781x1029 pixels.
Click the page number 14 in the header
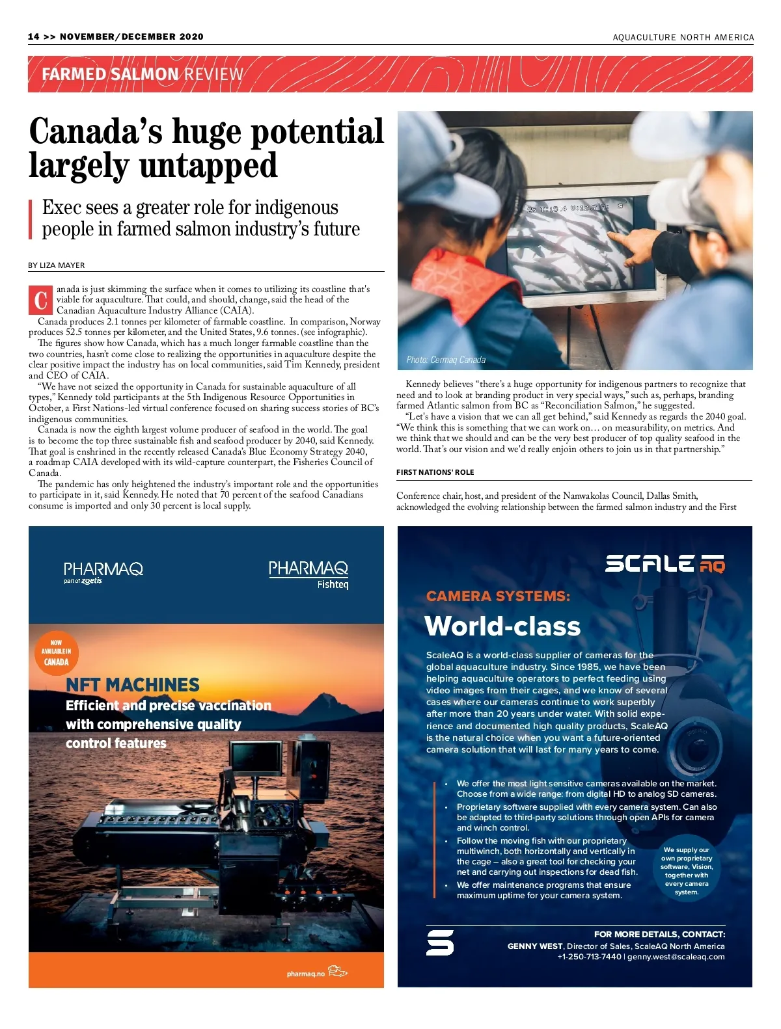point(34,37)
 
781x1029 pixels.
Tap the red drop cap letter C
point(41,300)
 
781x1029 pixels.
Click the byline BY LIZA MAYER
point(57,265)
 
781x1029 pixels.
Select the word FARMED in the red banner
point(74,74)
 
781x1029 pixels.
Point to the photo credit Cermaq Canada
point(446,360)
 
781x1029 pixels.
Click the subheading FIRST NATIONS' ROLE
point(435,472)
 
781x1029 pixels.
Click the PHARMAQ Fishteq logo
point(308,574)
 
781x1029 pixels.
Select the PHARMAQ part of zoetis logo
point(103,572)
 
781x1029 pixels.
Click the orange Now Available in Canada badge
point(56,652)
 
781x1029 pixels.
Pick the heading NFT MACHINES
point(133,685)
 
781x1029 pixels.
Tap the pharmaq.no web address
point(305,974)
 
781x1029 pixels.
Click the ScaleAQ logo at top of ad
point(665,564)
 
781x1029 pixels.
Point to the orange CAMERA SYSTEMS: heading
point(498,596)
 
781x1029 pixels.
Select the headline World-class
point(502,626)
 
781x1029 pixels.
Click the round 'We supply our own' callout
point(687,871)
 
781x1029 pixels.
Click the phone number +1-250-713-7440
point(589,957)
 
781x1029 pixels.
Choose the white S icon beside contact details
point(440,942)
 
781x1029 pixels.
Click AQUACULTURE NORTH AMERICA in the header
point(683,38)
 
